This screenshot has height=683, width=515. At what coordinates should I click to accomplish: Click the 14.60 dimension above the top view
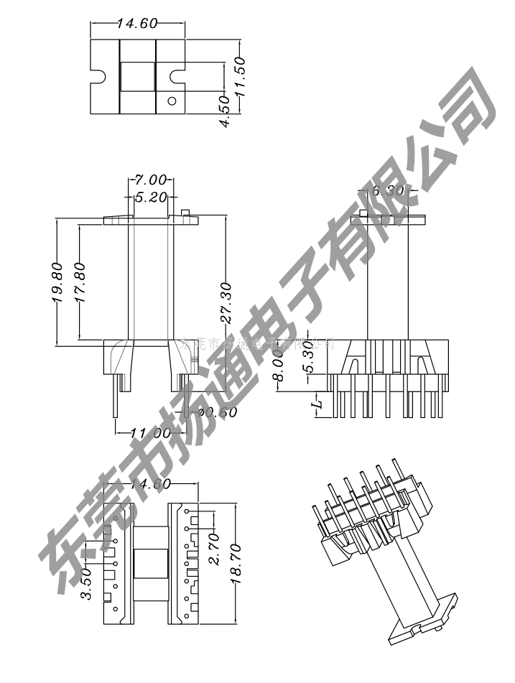pos(136,24)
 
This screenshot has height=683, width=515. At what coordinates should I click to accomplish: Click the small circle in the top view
pos(172,101)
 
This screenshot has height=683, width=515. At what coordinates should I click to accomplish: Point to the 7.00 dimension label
pos(149,180)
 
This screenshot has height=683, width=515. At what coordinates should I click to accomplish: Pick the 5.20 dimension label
pos(150,196)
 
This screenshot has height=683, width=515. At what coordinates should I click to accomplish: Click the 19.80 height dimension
pos(58,282)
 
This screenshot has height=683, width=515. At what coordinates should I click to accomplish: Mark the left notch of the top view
pos(97,76)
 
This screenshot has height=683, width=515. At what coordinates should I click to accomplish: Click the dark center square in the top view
pos(137,77)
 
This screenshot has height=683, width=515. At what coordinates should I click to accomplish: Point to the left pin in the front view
pos(115,398)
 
